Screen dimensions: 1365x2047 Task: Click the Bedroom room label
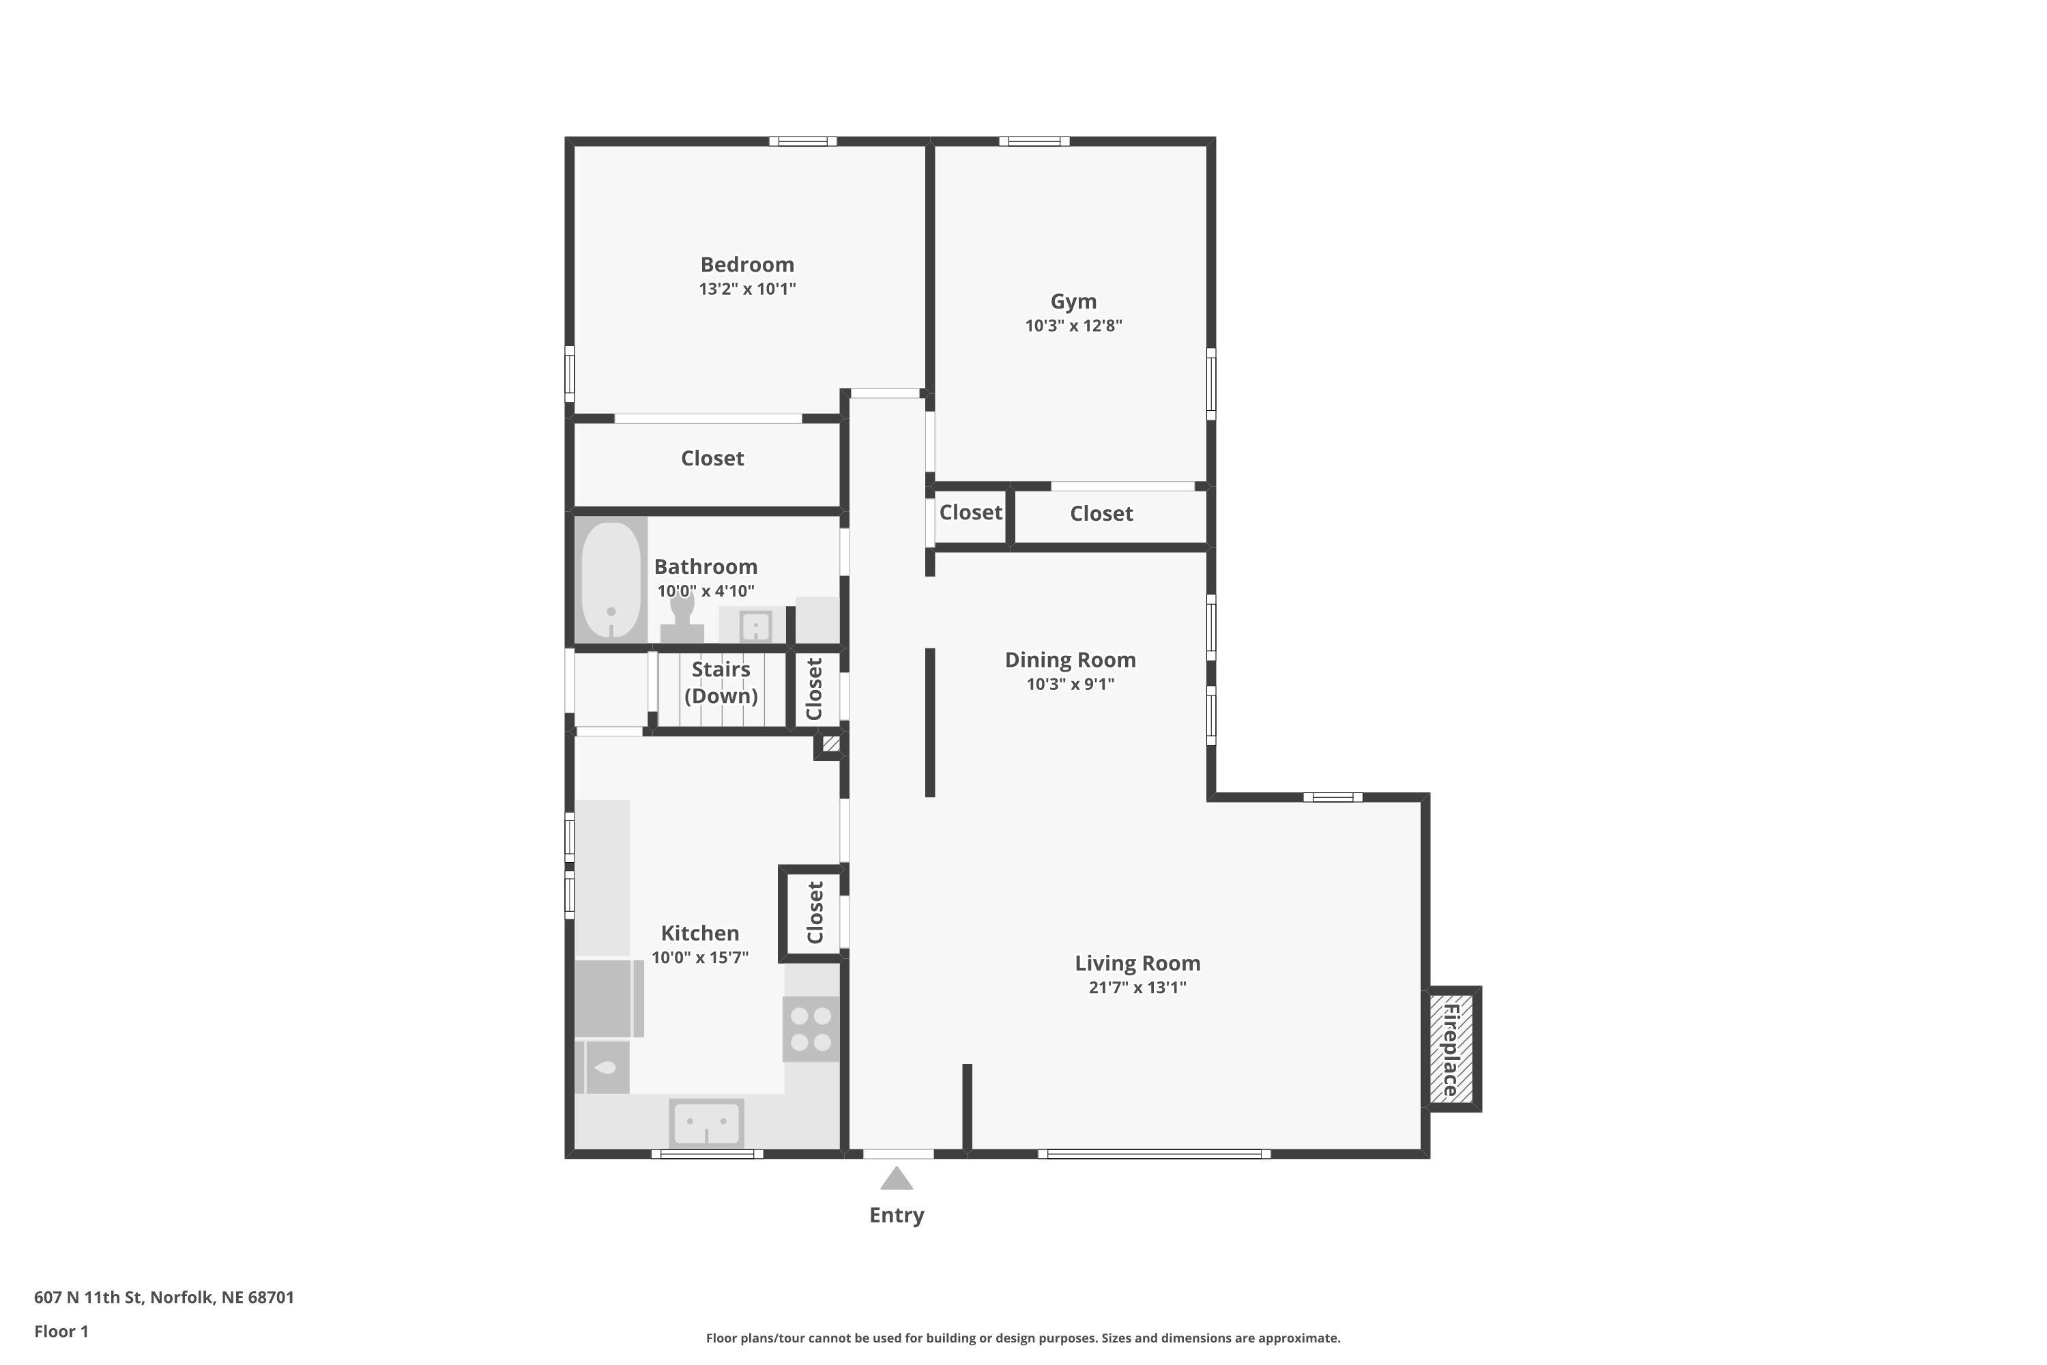pyautogui.click(x=746, y=265)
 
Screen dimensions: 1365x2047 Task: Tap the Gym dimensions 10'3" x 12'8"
pyautogui.click(x=1073, y=326)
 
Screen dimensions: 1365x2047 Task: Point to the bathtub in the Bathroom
pyautogui.click(x=611, y=579)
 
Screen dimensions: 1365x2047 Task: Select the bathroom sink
pyautogui.click(x=755, y=626)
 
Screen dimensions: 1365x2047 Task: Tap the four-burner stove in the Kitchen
pyautogui.click(x=811, y=1029)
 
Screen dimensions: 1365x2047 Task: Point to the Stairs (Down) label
pyautogui.click(x=721, y=682)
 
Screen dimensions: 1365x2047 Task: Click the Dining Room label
pyautogui.click(x=1070, y=660)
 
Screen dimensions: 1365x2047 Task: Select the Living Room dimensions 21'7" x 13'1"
pyautogui.click(x=1137, y=987)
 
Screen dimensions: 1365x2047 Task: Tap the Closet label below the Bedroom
pyautogui.click(x=712, y=459)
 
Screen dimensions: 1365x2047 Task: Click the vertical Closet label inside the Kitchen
pyautogui.click(x=815, y=913)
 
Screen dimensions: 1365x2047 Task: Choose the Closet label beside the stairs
pyautogui.click(x=814, y=689)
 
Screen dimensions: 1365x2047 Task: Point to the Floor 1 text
pyautogui.click(x=61, y=1331)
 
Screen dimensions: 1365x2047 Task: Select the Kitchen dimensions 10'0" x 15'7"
pyautogui.click(x=700, y=958)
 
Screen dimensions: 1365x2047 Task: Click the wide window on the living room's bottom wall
pyautogui.click(x=1154, y=1154)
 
